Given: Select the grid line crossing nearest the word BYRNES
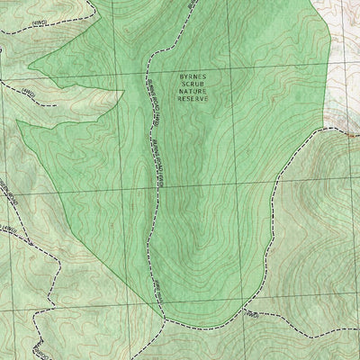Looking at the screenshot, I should (146, 72).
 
